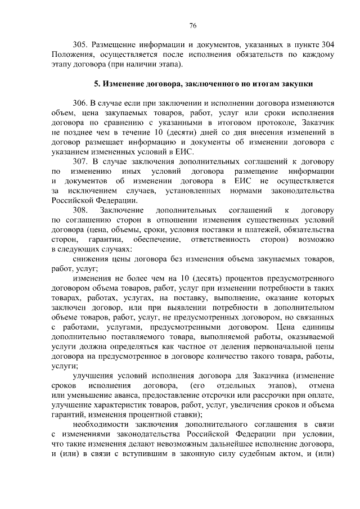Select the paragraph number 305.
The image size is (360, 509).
pos(82,44)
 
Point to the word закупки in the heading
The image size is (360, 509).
pos(292,84)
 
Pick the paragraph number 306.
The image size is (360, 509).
pos(82,104)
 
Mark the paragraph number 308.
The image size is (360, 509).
pos(82,209)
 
